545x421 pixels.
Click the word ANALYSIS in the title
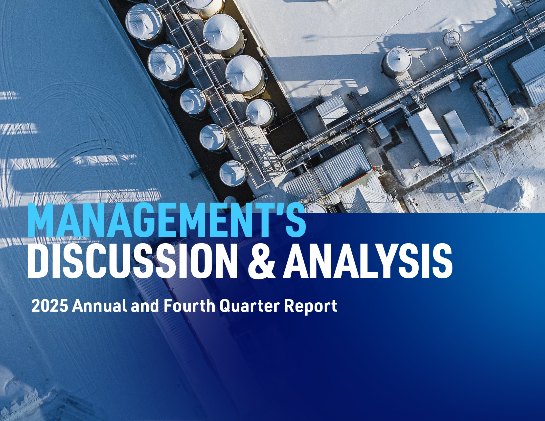[x=368, y=260]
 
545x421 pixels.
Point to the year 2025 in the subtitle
[x=50, y=306]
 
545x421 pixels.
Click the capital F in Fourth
[x=168, y=306]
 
